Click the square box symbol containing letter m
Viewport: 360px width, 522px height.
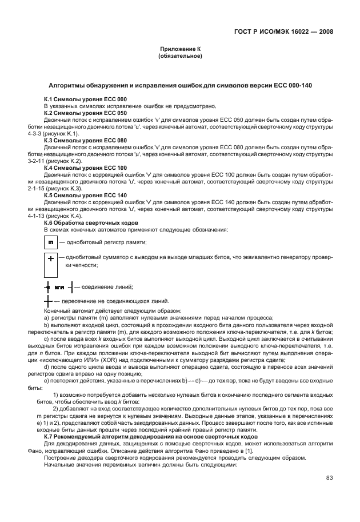(50, 242)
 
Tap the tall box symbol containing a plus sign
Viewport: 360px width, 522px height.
(50, 264)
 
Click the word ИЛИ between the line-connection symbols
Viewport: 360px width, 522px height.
(59, 286)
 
